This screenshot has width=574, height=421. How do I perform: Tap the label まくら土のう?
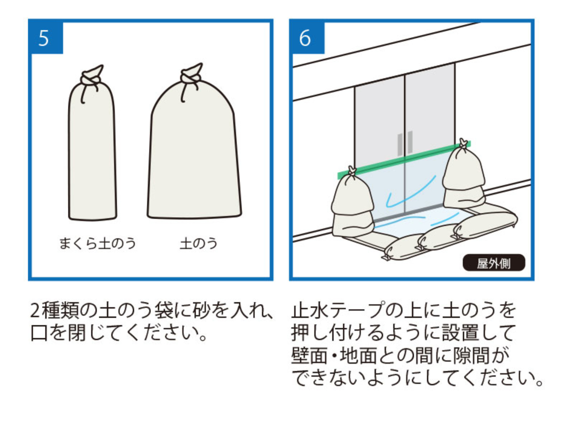[x=98, y=244]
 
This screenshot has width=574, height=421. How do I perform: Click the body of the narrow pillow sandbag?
[x=92, y=153]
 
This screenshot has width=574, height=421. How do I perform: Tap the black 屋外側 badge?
[x=494, y=264]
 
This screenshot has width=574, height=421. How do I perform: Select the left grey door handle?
[x=399, y=144]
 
